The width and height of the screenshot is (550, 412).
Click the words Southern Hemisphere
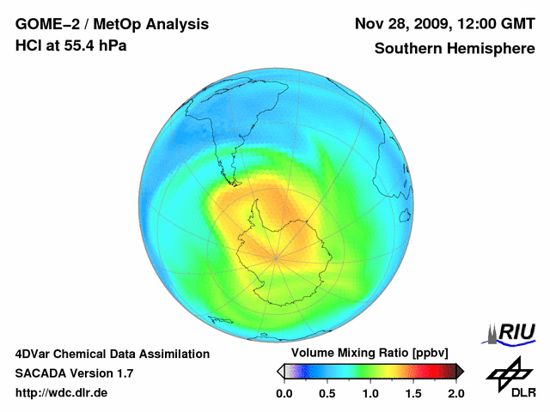coord(455,49)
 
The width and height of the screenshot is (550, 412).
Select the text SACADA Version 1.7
coord(74,373)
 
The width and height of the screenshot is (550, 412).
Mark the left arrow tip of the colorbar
coord(279,371)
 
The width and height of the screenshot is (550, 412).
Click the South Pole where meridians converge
coord(276,257)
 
